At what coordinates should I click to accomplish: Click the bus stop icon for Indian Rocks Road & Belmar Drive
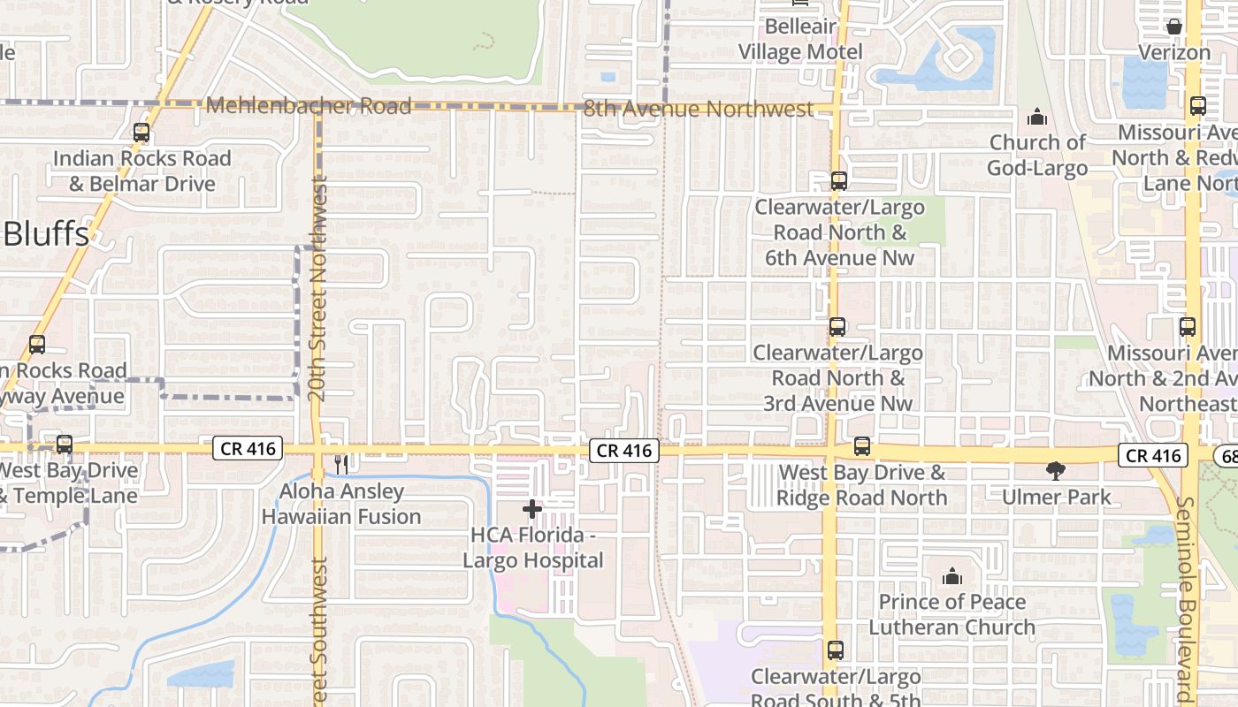pos(141,133)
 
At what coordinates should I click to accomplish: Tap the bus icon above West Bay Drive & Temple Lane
pos(65,444)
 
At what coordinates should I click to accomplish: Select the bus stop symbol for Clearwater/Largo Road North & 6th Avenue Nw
pos(838,181)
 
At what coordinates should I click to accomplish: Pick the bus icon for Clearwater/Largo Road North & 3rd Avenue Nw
pos(837,327)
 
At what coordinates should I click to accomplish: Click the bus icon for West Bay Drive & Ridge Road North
pos(862,446)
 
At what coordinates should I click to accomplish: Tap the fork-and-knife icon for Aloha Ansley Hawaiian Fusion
pos(341,464)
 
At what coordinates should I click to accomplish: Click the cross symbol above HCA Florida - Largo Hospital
pos(532,508)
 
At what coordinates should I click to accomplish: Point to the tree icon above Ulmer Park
pos(1056,470)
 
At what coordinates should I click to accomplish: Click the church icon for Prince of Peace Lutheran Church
pos(952,576)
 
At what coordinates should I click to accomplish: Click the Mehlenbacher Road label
pos(309,107)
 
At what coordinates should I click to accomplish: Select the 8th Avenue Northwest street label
pos(699,110)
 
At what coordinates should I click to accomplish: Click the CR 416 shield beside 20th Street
pos(248,449)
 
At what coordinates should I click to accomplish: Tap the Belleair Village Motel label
pos(800,40)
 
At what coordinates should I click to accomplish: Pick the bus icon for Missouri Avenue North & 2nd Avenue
pos(1188,327)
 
